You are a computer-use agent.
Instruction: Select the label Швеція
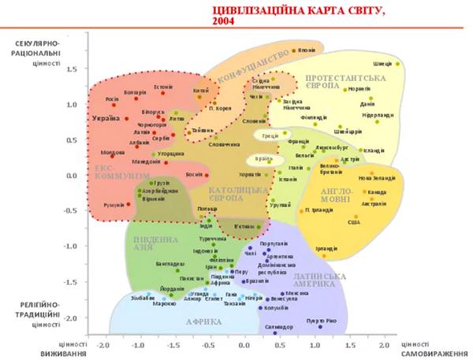point(382,63)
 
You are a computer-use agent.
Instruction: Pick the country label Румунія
point(114,205)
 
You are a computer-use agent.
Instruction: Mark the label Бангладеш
point(171,264)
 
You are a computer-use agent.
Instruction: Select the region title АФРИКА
point(204,322)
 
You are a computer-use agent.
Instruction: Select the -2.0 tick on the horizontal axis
point(102,345)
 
